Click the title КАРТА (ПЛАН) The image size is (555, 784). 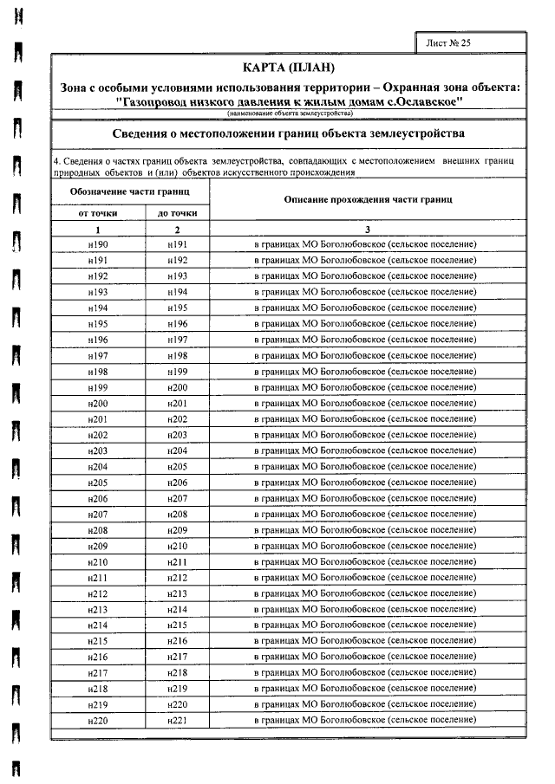click(x=290, y=68)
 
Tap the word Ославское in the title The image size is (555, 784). click(x=425, y=100)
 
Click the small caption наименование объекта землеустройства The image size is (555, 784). click(x=290, y=113)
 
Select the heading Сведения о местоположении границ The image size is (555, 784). click(x=290, y=134)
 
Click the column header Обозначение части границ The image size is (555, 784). click(x=129, y=190)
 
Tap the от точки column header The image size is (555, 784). click(x=98, y=213)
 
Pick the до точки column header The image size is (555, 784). click(x=177, y=213)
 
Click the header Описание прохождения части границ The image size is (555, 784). click(x=368, y=200)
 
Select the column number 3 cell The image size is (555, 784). click(x=368, y=230)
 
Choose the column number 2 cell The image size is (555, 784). click(x=177, y=230)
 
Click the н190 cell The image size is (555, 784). click(x=98, y=245)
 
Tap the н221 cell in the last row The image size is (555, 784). click(x=177, y=720)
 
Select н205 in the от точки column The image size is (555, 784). click(x=98, y=483)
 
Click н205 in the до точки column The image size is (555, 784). click(x=177, y=467)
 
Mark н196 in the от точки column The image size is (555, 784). click(x=98, y=340)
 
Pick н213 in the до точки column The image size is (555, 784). click(x=177, y=593)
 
